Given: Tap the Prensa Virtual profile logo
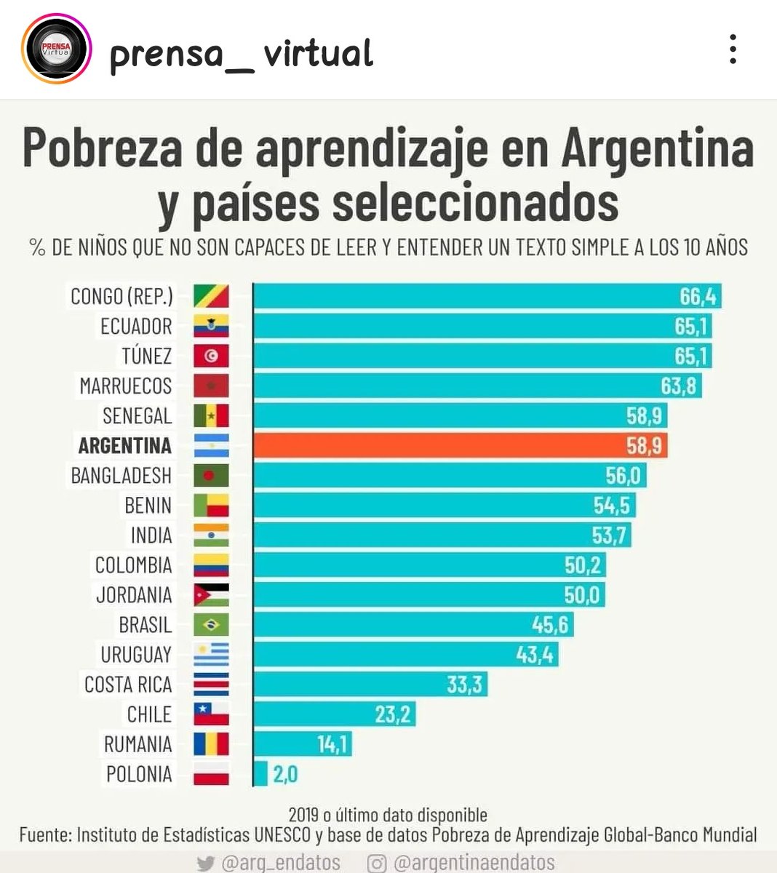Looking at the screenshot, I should tap(57, 49).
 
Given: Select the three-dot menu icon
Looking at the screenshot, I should tap(733, 49).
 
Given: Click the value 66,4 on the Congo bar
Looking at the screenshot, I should tap(698, 296).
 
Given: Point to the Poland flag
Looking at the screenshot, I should tap(211, 774).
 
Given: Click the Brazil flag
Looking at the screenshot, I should tap(211, 625).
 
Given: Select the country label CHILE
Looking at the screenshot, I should tap(149, 714).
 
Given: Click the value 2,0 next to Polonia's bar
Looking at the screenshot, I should tap(285, 774).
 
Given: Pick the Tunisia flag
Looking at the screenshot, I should tap(211, 356).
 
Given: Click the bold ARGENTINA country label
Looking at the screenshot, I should tap(125, 445).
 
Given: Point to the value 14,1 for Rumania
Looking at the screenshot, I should tap(333, 744).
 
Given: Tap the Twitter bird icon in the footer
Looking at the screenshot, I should tap(206, 864).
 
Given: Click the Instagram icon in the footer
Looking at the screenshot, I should tap(376, 864).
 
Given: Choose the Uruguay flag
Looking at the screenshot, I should tap(211, 655).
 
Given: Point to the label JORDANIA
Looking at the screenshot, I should tap(134, 595).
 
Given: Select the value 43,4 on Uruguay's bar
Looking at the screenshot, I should tap(535, 655).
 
